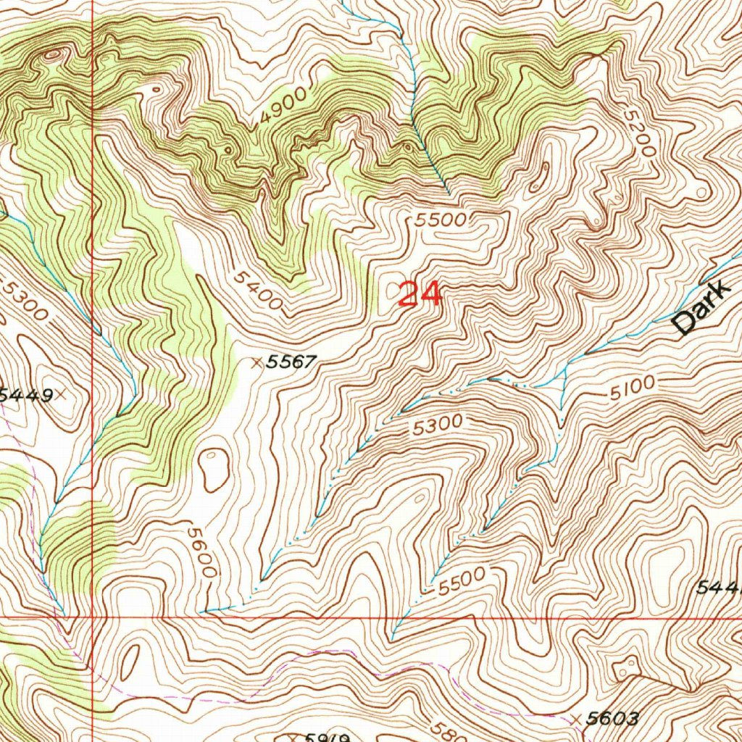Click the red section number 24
[420, 295]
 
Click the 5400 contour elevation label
[257, 290]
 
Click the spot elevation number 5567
[291, 362]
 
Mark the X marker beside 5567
[256, 363]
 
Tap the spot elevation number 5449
[27, 395]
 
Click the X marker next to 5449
[62, 394]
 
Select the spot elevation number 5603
[613, 719]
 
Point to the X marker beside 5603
[577, 719]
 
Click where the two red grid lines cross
[93, 618]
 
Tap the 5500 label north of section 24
[445, 221]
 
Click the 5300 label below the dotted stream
[436, 425]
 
